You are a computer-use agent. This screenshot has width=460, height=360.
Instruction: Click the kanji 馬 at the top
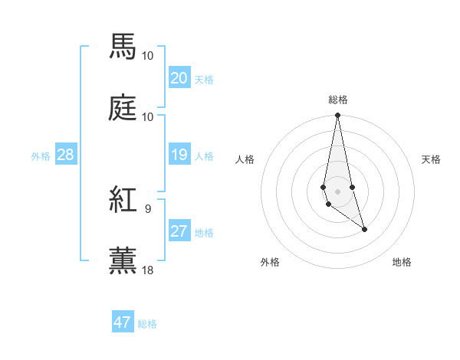coord(123,47)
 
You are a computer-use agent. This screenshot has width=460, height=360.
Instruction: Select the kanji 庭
coord(123,108)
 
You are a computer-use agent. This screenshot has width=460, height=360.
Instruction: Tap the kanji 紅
coord(123,200)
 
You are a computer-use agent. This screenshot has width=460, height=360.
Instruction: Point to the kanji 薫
coord(123,261)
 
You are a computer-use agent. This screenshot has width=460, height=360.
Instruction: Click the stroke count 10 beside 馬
coord(148,55)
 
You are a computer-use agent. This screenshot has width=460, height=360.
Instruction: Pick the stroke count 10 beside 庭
coord(148,116)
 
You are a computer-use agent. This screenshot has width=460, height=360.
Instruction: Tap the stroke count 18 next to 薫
coord(148,270)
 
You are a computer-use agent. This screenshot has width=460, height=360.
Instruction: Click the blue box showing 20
coord(179,78)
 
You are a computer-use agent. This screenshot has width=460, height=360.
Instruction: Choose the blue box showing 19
coord(179,155)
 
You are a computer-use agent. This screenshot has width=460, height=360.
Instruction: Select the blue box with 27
coord(179,231)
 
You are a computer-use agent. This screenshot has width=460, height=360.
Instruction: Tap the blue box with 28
coord(65,155)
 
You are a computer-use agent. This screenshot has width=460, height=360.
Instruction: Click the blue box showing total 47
coord(123,322)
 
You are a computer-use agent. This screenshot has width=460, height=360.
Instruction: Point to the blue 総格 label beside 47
coord(147,324)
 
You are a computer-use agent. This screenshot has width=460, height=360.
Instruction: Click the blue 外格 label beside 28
coord(41,156)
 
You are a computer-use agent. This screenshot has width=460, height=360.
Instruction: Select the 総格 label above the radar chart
coord(338,100)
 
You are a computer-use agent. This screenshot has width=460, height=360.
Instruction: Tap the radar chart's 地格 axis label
coord(402,262)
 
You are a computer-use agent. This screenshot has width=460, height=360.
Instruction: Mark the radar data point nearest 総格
coord(337,116)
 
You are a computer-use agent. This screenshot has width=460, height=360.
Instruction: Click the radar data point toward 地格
coord(364,229)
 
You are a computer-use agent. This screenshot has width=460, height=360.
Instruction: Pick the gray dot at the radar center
coord(337,191)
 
